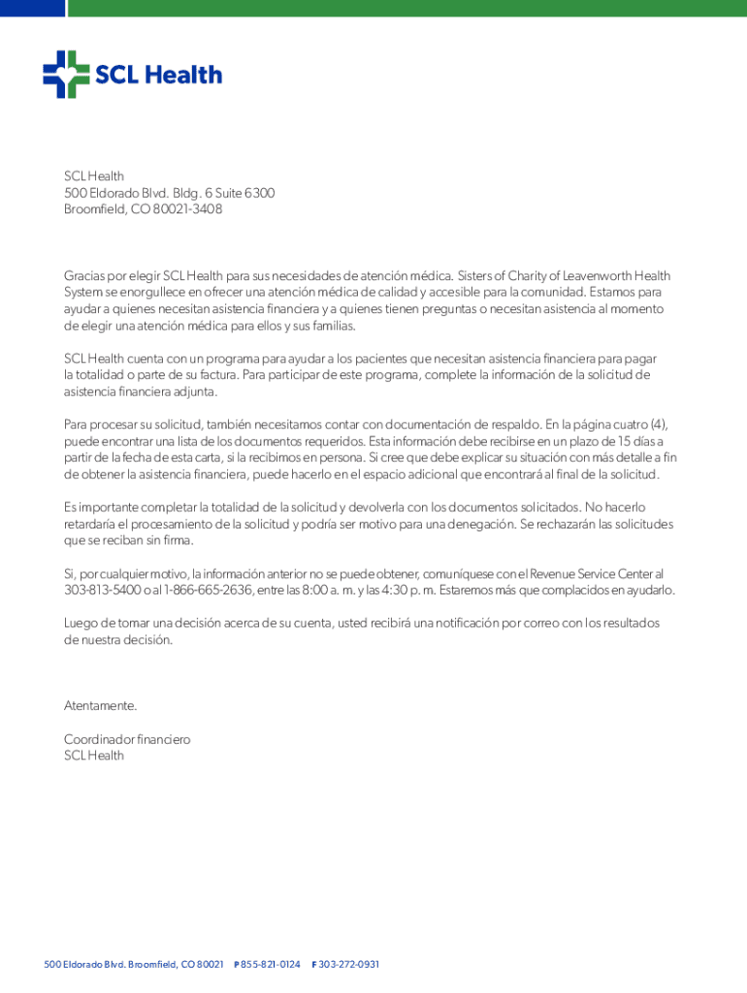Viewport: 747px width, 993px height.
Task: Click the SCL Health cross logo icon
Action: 66,75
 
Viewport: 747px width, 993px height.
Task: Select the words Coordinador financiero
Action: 127,739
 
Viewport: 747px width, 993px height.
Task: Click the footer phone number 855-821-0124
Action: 271,964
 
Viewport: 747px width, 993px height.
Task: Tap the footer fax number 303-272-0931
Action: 349,964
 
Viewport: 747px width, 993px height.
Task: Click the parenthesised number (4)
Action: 658,424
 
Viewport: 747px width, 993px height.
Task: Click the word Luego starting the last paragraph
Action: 81,623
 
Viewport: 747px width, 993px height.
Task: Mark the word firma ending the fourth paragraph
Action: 178,540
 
